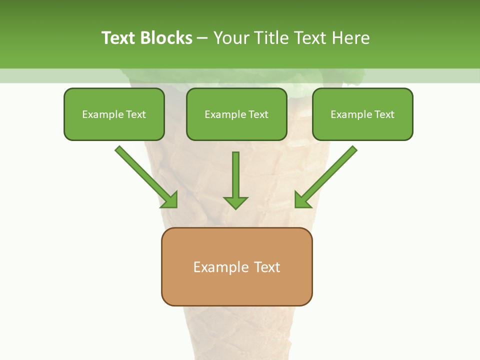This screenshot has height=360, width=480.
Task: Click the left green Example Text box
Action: pos(114,114)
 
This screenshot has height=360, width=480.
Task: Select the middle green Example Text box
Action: pos(236,114)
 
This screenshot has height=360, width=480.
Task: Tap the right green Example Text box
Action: pos(362,114)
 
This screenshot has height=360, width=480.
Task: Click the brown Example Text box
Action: pos(236,266)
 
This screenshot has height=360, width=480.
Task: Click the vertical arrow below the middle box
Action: pos(235,180)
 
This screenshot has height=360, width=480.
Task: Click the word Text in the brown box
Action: pos(267,267)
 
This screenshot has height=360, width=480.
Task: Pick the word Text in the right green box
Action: pos(384,114)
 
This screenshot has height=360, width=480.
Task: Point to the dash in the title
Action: pos(202,38)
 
